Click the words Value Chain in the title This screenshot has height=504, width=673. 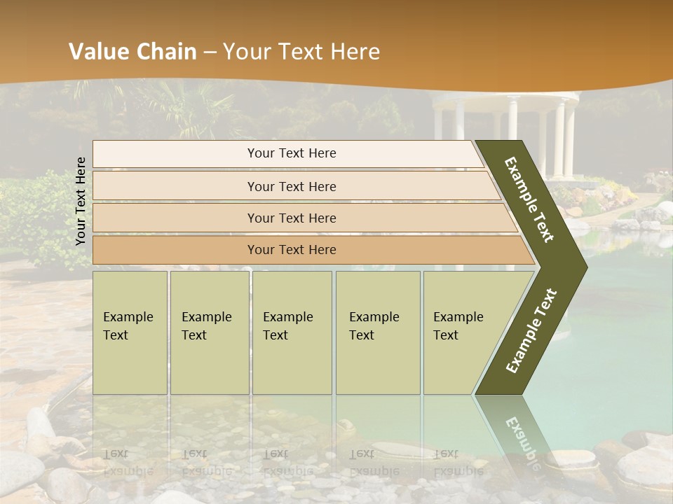[x=132, y=52]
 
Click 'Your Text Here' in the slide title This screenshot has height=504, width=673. [x=301, y=52]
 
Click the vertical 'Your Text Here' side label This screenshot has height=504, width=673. [x=81, y=201]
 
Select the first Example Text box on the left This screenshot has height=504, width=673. [x=130, y=332]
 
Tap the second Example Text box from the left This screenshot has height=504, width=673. [x=209, y=332]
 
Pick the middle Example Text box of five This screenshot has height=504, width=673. [x=292, y=332]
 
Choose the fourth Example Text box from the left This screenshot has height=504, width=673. [x=377, y=332]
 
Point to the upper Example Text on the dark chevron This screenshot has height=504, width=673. [x=529, y=199]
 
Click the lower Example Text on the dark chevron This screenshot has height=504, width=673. [x=531, y=330]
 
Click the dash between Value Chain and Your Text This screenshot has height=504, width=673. [x=210, y=52]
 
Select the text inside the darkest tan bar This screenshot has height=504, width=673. [x=292, y=250]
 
